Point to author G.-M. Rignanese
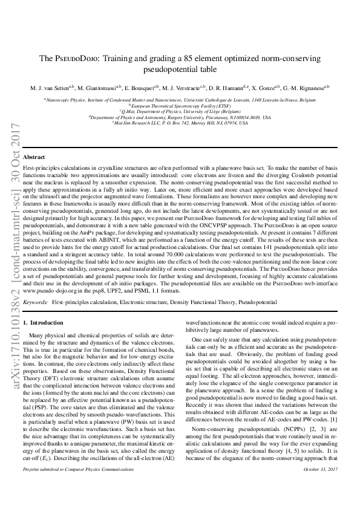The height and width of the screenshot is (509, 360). [307, 88]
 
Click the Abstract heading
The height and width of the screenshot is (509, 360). [34, 157]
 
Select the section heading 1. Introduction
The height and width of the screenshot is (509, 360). [42, 323]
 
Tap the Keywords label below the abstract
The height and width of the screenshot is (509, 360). [35, 300]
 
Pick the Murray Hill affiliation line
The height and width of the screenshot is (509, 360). [180, 123]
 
